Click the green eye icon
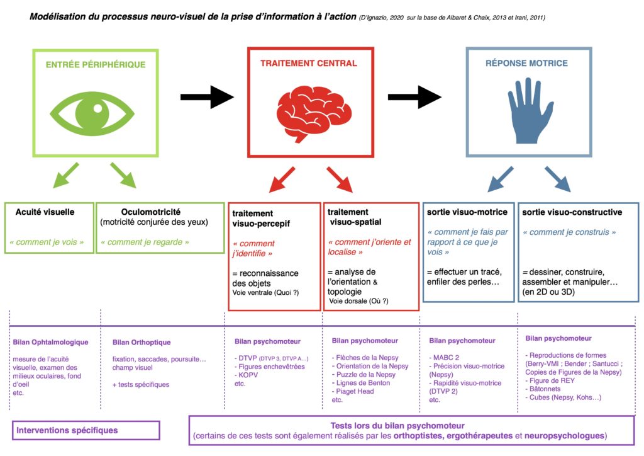click(96, 112)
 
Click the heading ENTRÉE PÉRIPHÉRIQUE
click(96, 64)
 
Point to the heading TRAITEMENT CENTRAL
click(308, 63)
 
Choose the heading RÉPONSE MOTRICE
click(526, 63)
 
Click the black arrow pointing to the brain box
click(207, 97)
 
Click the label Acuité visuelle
click(45, 212)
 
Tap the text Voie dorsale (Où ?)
click(358, 301)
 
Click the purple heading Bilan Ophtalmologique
click(50, 343)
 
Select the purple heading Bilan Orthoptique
click(142, 343)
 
